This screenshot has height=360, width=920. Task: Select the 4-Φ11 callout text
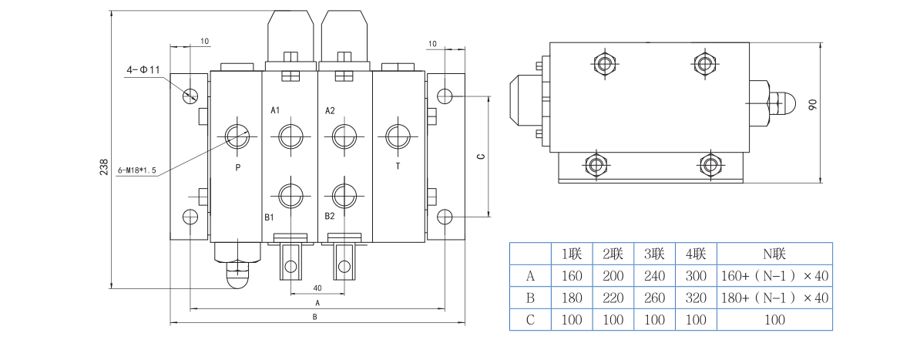143,70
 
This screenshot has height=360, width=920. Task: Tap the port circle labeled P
237,135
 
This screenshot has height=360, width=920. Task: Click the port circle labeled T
398,135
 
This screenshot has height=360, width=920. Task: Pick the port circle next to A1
290,136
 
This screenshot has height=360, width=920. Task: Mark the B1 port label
270,217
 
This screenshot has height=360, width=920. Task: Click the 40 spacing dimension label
317,288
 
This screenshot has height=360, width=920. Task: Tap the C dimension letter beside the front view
480,156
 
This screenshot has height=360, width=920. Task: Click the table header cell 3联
654,254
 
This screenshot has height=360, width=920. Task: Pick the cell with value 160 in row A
572,276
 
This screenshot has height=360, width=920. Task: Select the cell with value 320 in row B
696,298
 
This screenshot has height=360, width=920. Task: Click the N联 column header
774,254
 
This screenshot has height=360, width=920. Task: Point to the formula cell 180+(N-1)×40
774,298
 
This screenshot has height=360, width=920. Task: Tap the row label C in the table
530,319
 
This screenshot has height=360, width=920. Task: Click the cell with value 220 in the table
613,298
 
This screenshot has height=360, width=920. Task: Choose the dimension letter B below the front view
314,317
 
